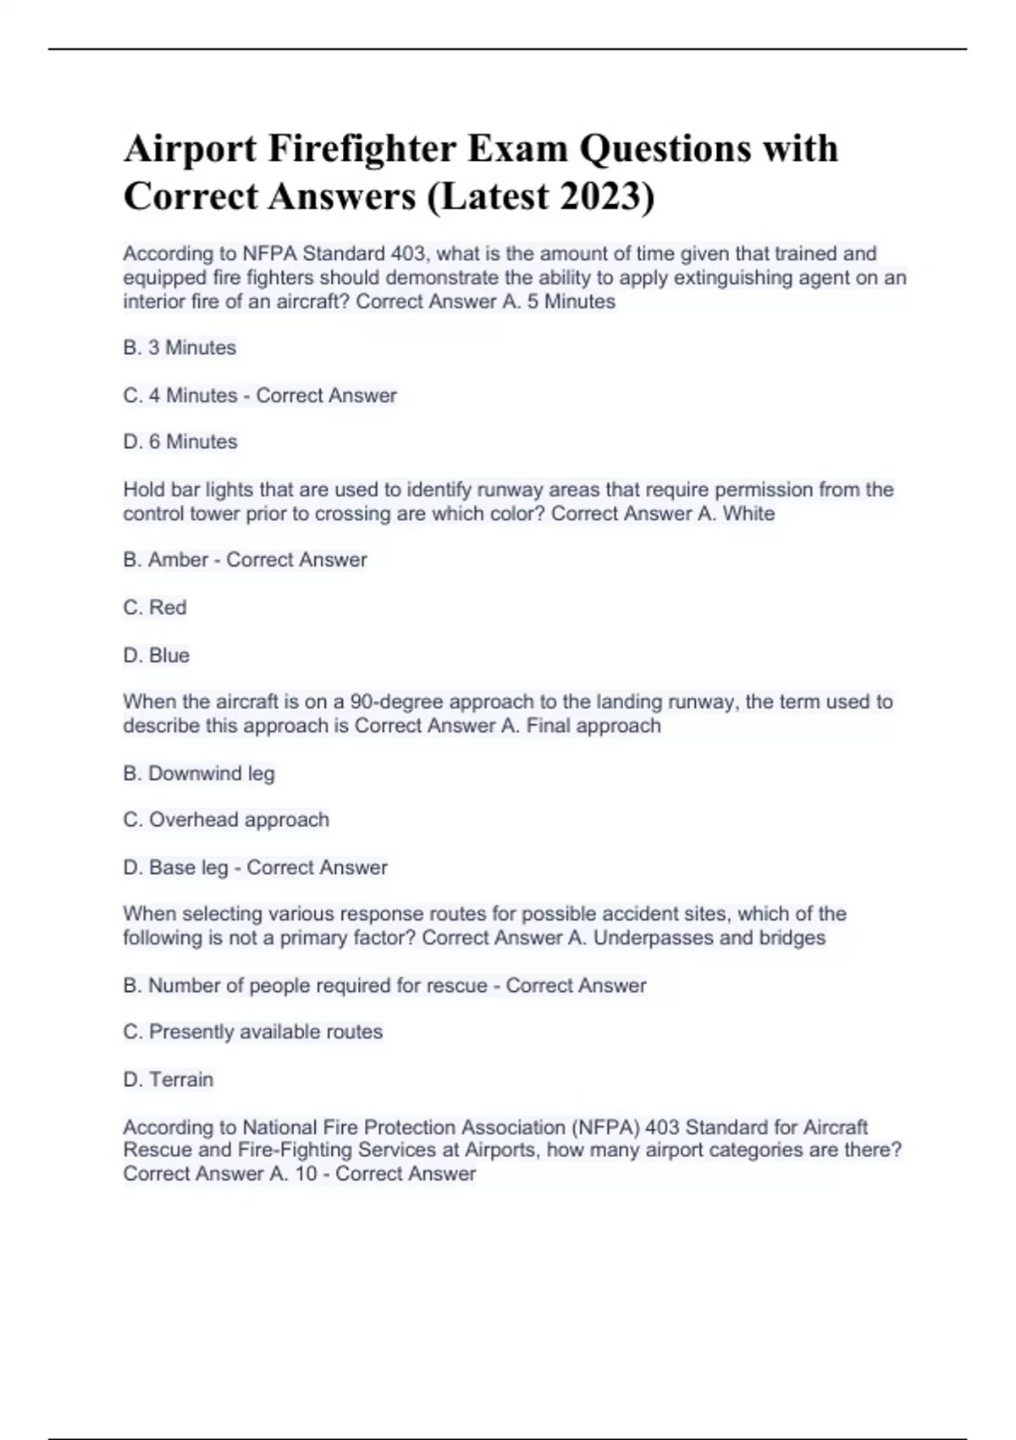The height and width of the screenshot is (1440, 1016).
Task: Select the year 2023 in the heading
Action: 601,197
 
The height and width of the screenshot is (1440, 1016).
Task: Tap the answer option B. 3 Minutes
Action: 179,347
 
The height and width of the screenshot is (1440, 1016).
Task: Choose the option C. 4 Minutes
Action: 180,396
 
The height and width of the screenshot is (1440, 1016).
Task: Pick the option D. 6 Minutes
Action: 180,441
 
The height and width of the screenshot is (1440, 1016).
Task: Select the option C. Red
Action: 155,607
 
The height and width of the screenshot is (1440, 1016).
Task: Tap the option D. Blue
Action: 157,655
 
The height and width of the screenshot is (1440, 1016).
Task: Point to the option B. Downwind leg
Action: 199,773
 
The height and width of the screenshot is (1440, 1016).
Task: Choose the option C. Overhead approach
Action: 226,820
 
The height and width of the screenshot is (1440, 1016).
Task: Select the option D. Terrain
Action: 168,1079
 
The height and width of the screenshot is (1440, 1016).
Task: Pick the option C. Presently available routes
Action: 253,1032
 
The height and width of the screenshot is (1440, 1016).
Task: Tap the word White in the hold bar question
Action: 748,513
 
